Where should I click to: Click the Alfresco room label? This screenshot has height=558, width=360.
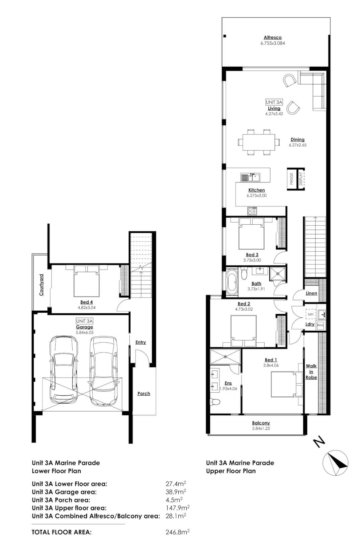click(x=272, y=37)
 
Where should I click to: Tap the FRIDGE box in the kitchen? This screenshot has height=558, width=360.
click(x=291, y=179)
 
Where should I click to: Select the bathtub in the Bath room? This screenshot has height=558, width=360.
click(x=231, y=282)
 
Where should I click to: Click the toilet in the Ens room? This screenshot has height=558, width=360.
click(x=214, y=401)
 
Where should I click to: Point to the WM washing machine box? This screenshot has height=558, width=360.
click(x=320, y=325)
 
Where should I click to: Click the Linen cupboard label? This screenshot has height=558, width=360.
click(x=311, y=293)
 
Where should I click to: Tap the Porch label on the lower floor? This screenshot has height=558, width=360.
click(x=144, y=393)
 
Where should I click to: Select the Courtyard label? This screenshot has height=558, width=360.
click(x=41, y=285)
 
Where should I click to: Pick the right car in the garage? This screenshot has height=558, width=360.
click(x=104, y=368)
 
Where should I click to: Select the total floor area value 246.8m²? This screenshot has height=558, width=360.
click(x=178, y=532)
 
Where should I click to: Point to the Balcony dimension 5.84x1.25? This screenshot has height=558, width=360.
click(x=261, y=428)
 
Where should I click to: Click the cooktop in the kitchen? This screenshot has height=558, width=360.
click(x=252, y=211)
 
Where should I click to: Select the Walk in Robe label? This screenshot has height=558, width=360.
click(x=311, y=372)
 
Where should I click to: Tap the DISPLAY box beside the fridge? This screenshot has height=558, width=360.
click(x=300, y=179)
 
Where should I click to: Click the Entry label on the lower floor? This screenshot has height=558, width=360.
click(x=141, y=342)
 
